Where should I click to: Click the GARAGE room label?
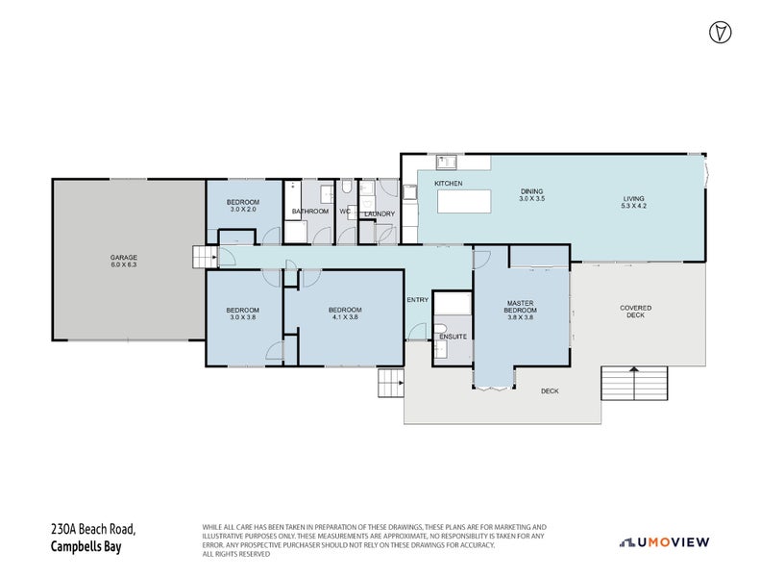point(123,257)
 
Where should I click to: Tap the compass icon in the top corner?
point(717,32)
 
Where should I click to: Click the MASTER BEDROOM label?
point(520,308)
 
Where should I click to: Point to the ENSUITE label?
point(453,337)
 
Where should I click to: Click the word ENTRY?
point(418,300)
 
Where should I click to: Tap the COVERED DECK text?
point(635,312)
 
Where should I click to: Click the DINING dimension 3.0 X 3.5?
point(531,199)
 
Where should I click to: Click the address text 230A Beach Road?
point(93,530)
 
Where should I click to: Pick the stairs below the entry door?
point(390,383)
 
